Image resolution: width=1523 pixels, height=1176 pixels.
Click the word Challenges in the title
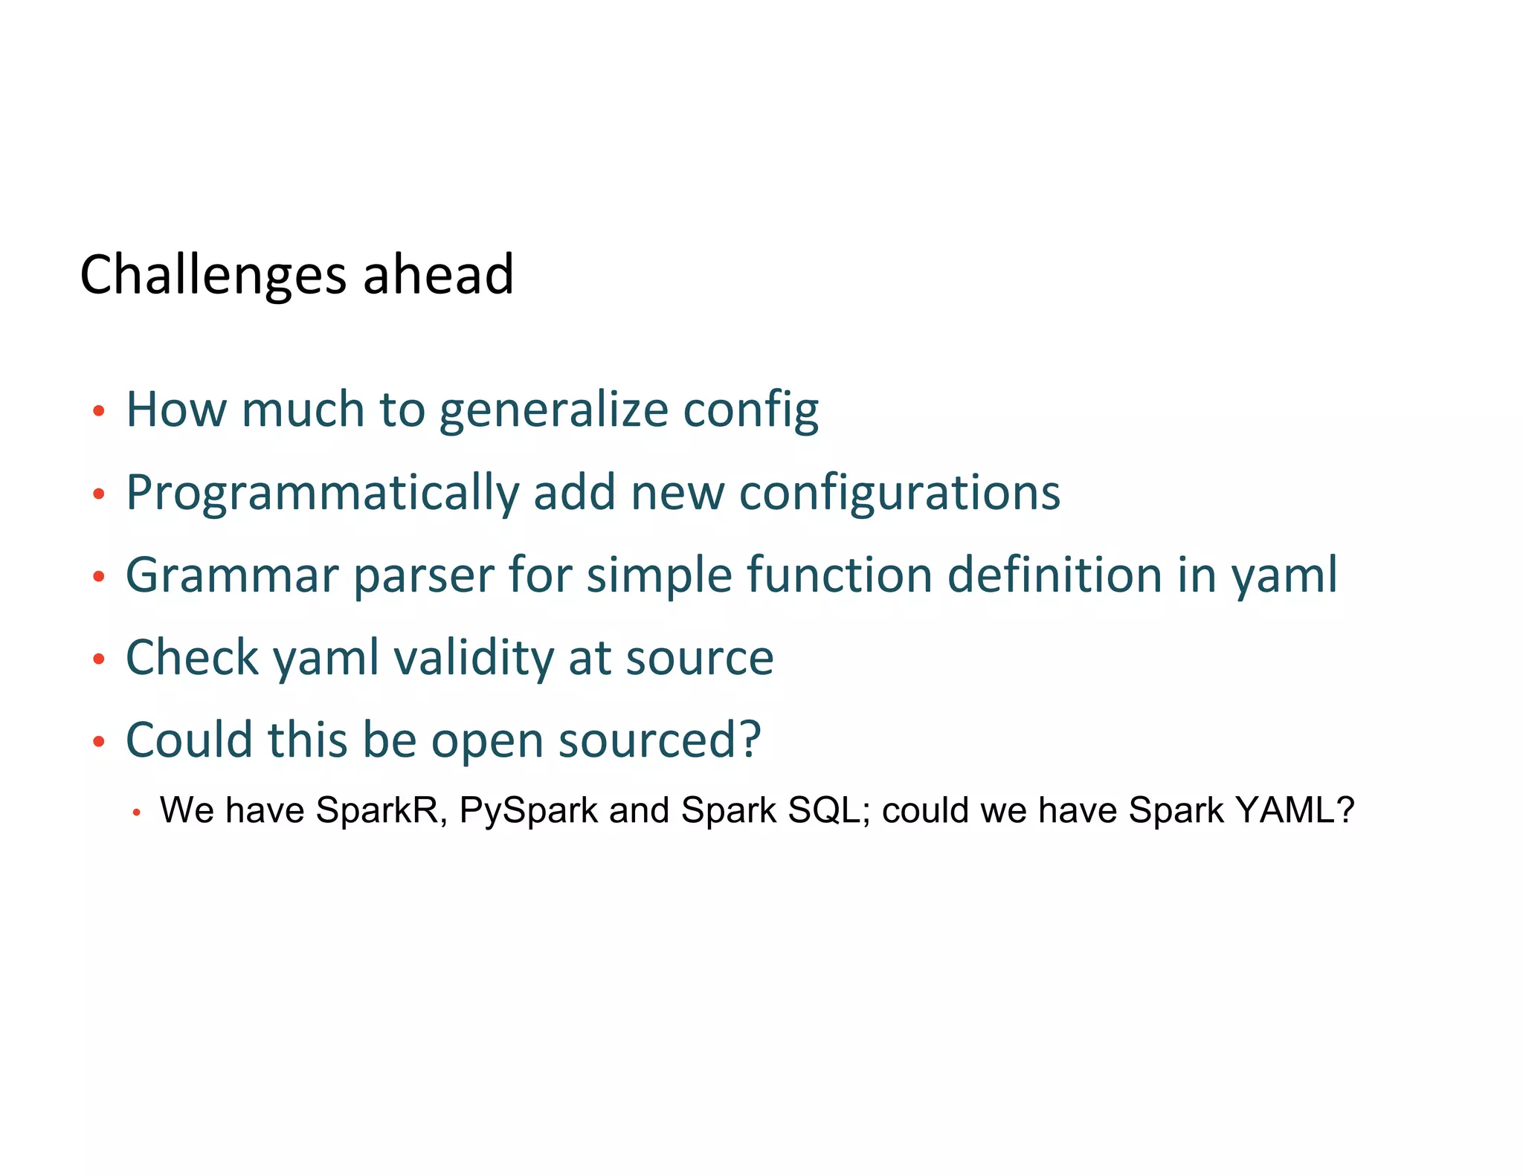tap(213, 276)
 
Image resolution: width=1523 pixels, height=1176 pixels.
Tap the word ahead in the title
tap(438, 274)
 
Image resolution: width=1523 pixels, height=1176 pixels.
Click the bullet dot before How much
tap(98, 411)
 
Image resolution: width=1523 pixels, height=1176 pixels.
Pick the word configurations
tap(899, 494)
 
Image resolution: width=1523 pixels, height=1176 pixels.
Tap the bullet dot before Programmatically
tap(98, 494)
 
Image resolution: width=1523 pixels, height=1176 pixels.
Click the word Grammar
tap(232, 575)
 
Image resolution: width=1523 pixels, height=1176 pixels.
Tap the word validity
tap(472, 659)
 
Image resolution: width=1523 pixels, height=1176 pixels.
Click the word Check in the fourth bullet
tap(192, 658)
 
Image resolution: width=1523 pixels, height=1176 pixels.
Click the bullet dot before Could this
tap(98, 742)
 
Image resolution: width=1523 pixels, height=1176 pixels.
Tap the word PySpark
tap(528, 811)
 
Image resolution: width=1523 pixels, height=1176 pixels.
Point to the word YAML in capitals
tap(1294, 810)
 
